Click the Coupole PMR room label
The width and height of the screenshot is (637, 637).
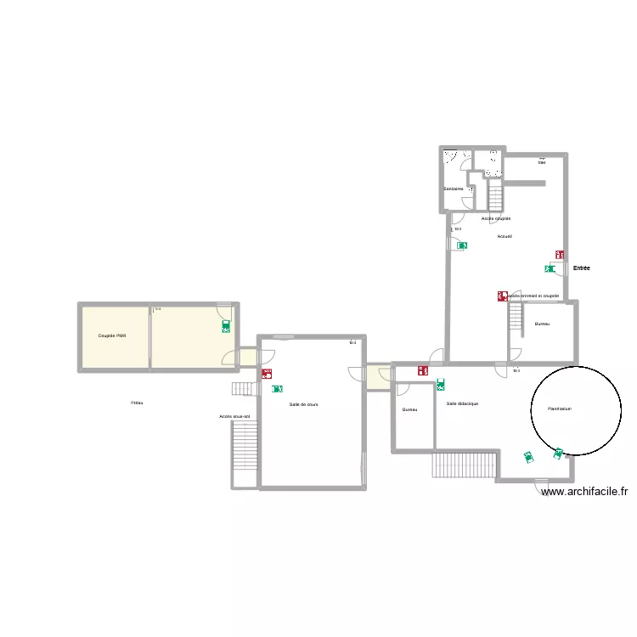point(112,335)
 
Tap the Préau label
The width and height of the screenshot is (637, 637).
point(136,403)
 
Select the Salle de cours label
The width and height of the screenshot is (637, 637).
point(303,404)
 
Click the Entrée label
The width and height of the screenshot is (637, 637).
point(581,268)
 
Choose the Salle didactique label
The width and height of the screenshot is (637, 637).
point(462,403)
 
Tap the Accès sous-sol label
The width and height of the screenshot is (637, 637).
point(234,416)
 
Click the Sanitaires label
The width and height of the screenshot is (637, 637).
point(453,189)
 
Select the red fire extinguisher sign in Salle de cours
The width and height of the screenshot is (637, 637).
point(268,373)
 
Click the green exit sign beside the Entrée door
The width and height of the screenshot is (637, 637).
point(550,268)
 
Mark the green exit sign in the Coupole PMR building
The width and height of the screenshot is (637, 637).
point(225,325)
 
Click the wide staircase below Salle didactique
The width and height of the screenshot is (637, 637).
point(464,465)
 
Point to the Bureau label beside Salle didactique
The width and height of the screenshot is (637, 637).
point(410,409)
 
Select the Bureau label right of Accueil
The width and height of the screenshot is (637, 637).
point(542,324)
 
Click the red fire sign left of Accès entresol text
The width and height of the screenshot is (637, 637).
point(502,296)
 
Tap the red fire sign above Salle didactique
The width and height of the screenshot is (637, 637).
point(422,370)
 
